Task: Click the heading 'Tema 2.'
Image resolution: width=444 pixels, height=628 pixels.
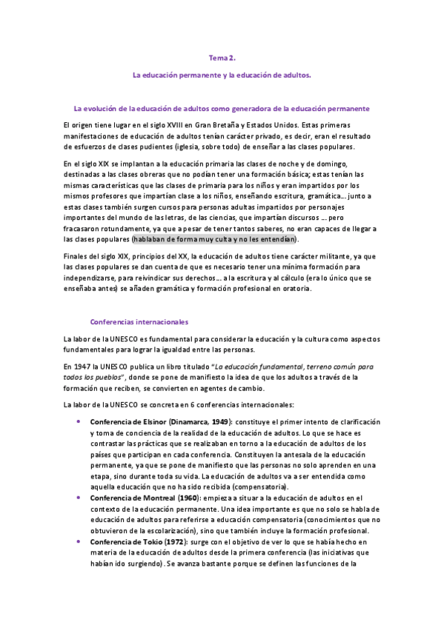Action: (x=222, y=57)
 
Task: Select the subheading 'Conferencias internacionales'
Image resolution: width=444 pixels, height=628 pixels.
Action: (x=139, y=322)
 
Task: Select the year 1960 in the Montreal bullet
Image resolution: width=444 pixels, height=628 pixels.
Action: (x=190, y=498)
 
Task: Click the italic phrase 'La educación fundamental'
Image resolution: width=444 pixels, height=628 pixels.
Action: (x=259, y=367)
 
